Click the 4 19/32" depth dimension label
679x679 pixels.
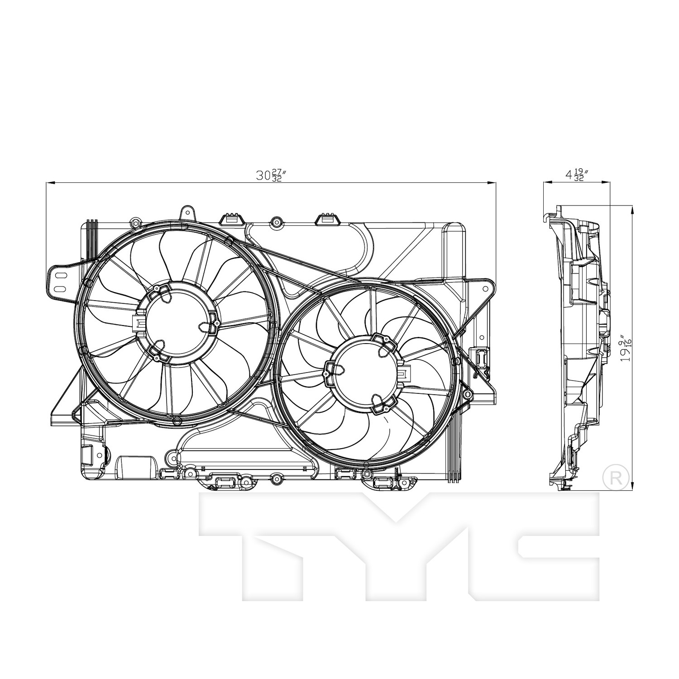pos(575,175)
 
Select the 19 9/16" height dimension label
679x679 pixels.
pos(625,348)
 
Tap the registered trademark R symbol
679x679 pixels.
pos(616,476)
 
